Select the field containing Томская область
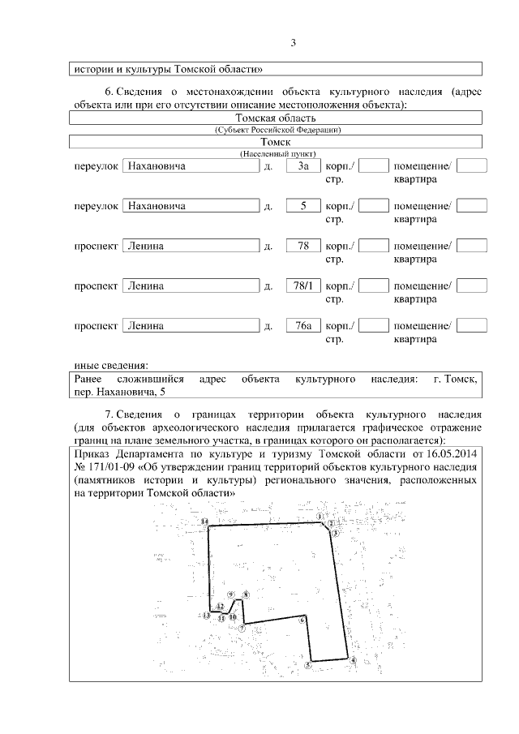pos(277,118)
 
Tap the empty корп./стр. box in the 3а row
pos(373,166)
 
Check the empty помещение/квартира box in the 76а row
pos(472,325)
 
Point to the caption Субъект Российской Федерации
pos(277,130)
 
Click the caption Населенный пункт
pos(277,153)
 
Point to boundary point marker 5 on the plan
pos(308,664)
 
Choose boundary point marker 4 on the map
pos(353,660)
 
